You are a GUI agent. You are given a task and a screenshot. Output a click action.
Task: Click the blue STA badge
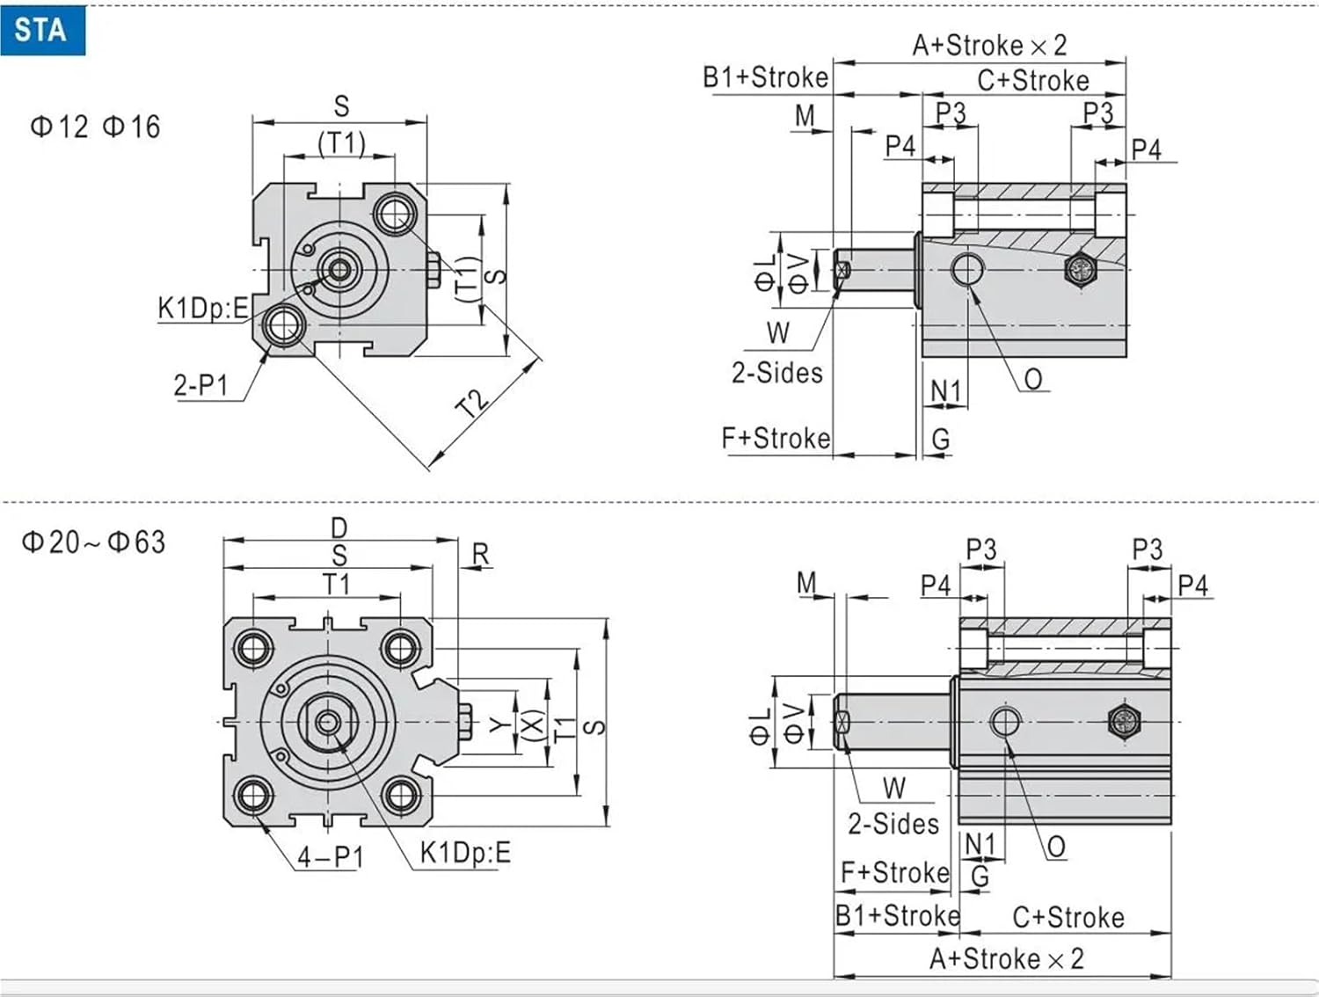41,30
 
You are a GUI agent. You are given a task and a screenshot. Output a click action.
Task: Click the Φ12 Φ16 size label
95,127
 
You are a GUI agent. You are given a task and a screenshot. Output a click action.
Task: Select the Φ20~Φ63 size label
93,542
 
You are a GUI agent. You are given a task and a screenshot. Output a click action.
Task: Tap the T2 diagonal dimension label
473,403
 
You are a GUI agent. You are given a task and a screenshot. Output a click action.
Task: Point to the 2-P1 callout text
200,385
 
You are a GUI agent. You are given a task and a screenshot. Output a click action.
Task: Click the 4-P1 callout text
330,856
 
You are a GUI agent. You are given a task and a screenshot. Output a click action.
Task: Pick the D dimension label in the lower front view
339,528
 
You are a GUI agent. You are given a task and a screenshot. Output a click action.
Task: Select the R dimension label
480,554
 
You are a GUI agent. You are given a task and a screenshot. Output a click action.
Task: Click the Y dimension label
499,724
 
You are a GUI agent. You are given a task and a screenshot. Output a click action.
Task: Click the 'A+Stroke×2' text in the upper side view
989,45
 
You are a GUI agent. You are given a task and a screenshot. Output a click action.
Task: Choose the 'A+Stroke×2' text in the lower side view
1007,958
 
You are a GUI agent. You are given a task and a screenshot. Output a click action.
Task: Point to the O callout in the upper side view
1033,379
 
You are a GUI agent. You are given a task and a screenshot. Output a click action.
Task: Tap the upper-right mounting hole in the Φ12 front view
396,214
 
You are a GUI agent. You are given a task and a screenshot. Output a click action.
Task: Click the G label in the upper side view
941,439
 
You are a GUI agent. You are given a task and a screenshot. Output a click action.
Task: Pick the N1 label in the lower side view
980,844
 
